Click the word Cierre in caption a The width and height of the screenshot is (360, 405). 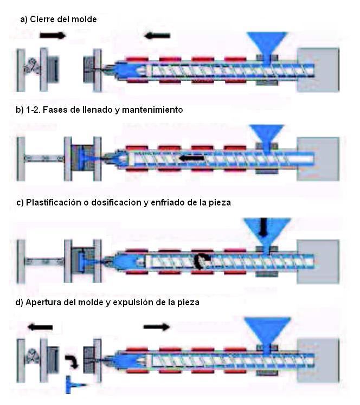(42, 20)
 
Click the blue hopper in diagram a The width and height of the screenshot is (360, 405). (267, 43)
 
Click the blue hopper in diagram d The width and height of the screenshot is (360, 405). (267, 330)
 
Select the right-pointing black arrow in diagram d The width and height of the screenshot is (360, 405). (157, 327)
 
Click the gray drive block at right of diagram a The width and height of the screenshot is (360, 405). (318, 69)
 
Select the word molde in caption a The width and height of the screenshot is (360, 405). (85, 20)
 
